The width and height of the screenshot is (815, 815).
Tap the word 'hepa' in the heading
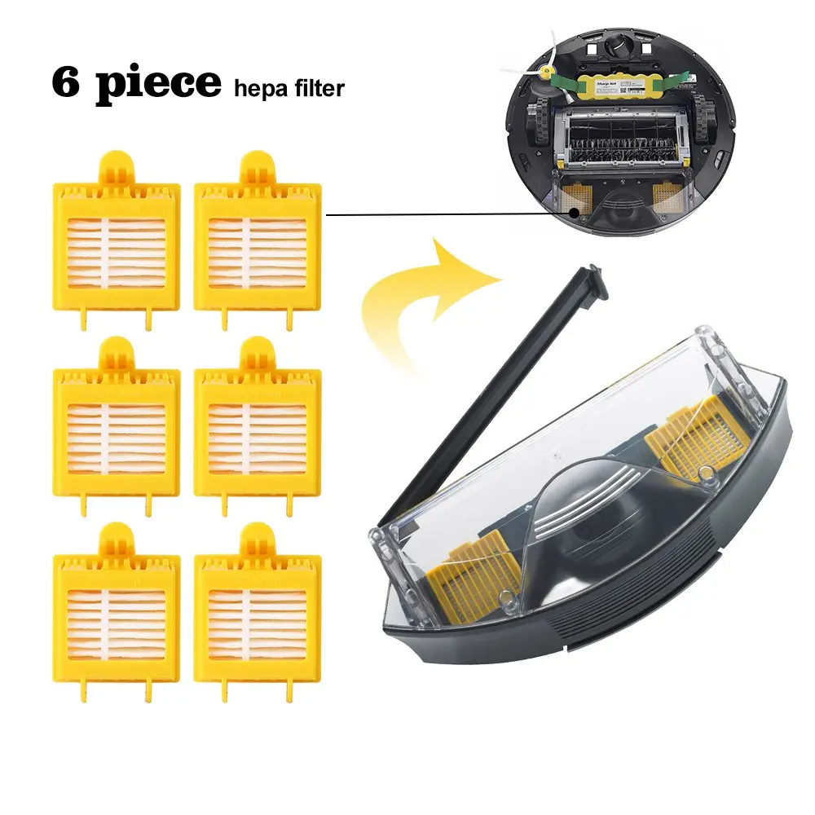click(258, 87)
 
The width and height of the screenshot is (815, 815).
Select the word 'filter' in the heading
click(319, 87)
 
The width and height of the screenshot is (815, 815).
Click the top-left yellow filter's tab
click(116, 168)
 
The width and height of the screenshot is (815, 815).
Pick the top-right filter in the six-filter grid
click(258, 244)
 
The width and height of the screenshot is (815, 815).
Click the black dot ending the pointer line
click(575, 212)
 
